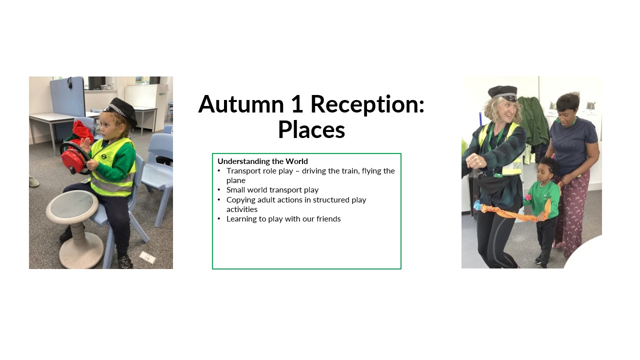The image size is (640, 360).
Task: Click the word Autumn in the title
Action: pyautogui.click(x=241, y=104)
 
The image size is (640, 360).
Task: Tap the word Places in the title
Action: pyautogui.click(x=311, y=129)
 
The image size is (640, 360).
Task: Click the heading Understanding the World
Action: pyautogui.click(x=262, y=161)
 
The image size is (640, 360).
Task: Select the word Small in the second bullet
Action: pyautogui.click(x=235, y=190)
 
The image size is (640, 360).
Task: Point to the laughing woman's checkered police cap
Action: pyautogui.click(x=503, y=93)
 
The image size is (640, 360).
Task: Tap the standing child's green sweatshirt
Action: pyautogui.click(x=542, y=199)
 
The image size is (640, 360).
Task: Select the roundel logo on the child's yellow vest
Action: pyautogui.click(x=103, y=156)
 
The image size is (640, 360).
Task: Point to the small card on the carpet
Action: pyautogui.click(x=147, y=257)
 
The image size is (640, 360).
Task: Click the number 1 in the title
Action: pyautogui.click(x=297, y=104)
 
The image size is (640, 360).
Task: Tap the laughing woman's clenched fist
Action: pyautogui.click(x=475, y=161)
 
